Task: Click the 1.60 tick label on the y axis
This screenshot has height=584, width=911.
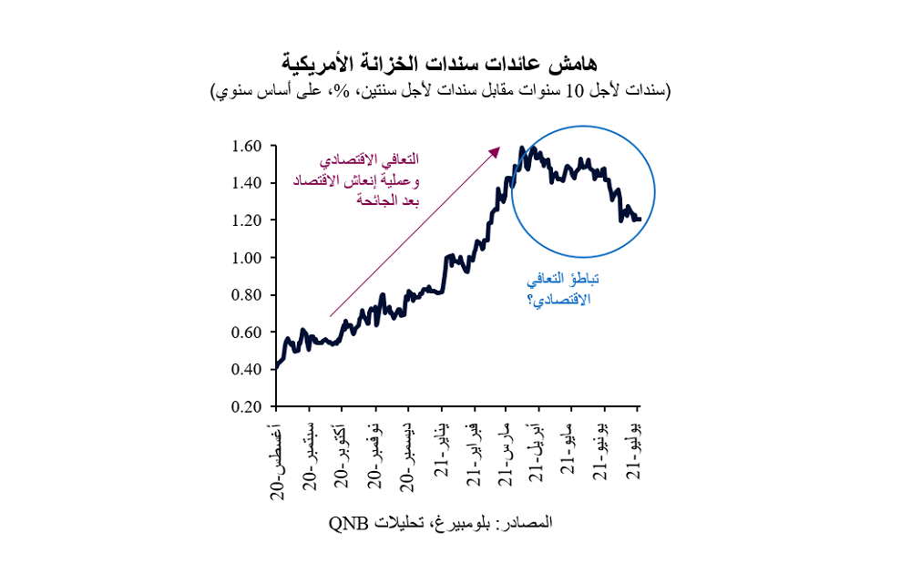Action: tap(246, 146)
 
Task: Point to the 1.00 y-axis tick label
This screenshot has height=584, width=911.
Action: tap(246, 258)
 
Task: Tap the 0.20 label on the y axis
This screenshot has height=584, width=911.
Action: tap(246, 406)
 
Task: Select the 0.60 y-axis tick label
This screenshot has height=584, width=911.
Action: tap(246, 333)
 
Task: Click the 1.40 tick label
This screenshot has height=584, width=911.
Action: tap(246, 183)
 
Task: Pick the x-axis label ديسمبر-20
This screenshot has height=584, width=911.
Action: tap(408, 457)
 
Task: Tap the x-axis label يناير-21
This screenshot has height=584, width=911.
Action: tap(442, 449)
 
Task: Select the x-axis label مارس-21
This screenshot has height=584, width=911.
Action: tap(507, 454)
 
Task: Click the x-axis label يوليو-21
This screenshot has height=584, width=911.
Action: tap(634, 450)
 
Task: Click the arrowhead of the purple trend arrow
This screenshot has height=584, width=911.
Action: tap(495, 152)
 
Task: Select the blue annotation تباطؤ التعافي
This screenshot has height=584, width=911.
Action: tap(563, 280)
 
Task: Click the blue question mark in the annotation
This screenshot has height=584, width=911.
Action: tap(530, 301)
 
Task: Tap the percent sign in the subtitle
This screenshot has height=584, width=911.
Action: tap(344, 91)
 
